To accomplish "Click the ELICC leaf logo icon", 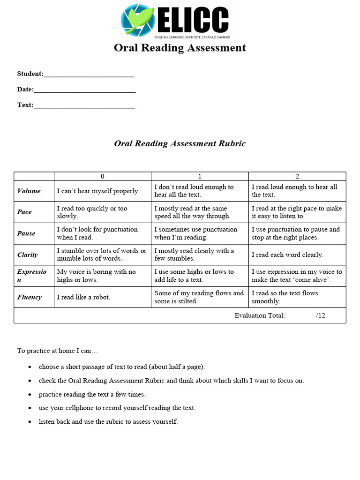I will [x=137, y=20].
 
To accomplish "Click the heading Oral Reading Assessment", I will [x=180, y=48].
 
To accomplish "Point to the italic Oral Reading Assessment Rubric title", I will [x=180, y=143].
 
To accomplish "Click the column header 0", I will [x=102, y=176].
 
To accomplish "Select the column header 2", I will [x=297, y=176].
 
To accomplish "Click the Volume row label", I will [x=29, y=191].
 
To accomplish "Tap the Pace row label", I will [x=24, y=212].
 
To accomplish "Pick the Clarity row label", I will [x=27, y=255].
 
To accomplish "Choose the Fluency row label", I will [x=29, y=297].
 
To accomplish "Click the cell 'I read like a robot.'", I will [x=83, y=297].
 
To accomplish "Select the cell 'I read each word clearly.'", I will [x=287, y=255].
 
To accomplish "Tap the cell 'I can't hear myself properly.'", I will [x=98, y=191].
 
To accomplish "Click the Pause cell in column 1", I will [x=195, y=233].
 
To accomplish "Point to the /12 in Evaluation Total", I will [x=321, y=315].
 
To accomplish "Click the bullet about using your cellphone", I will [x=117, y=408].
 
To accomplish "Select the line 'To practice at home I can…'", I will [x=58, y=351].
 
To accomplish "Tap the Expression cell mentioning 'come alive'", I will [x=297, y=276].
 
